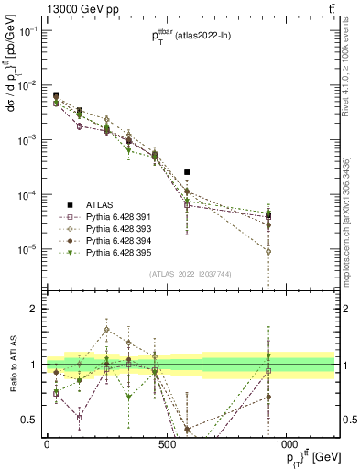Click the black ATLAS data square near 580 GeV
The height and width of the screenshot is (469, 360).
[187, 172]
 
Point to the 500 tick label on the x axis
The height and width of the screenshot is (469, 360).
[166, 444]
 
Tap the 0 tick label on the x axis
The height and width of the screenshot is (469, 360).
[47, 444]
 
